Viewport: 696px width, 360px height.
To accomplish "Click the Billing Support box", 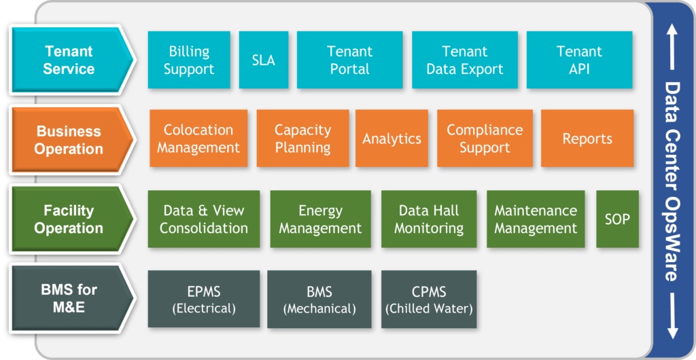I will pyautogui.click(x=189, y=60).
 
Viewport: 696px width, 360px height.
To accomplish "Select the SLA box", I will pyautogui.click(x=264, y=60).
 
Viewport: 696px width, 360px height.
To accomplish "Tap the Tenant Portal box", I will pyautogui.click(x=349, y=60).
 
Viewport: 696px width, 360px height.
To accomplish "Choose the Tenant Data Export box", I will pyautogui.click(x=465, y=60).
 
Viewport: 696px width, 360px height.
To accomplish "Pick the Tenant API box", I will pyautogui.click(x=579, y=60).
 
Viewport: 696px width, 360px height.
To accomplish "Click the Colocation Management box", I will pyautogui.click(x=198, y=139).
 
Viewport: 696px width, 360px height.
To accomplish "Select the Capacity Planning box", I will pyautogui.click(x=302, y=139).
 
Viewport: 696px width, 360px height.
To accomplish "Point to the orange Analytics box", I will pyautogui.click(x=391, y=139).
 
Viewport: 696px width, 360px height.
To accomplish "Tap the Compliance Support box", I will pyautogui.click(x=485, y=139).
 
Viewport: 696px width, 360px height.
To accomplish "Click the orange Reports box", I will pyautogui.click(x=587, y=139).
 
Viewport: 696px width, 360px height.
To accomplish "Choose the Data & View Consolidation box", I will pyautogui.click(x=204, y=219).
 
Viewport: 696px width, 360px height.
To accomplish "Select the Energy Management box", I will pyautogui.click(x=320, y=219).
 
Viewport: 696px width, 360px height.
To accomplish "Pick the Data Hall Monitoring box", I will pyautogui.click(x=429, y=219).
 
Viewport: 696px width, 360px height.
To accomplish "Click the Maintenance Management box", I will pyautogui.click(x=536, y=219).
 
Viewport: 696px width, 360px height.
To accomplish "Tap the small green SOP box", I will pyautogui.click(x=617, y=219).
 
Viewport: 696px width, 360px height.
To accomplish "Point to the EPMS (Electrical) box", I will pyautogui.click(x=204, y=300).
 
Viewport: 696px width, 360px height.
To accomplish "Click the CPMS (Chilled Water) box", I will pyautogui.click(x=429, y=300).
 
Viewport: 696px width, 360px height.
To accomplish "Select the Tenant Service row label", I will pyautogui.click(x=69, y=60).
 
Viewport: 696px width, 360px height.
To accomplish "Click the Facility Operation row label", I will pyautogui.click(x=69, y=219).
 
